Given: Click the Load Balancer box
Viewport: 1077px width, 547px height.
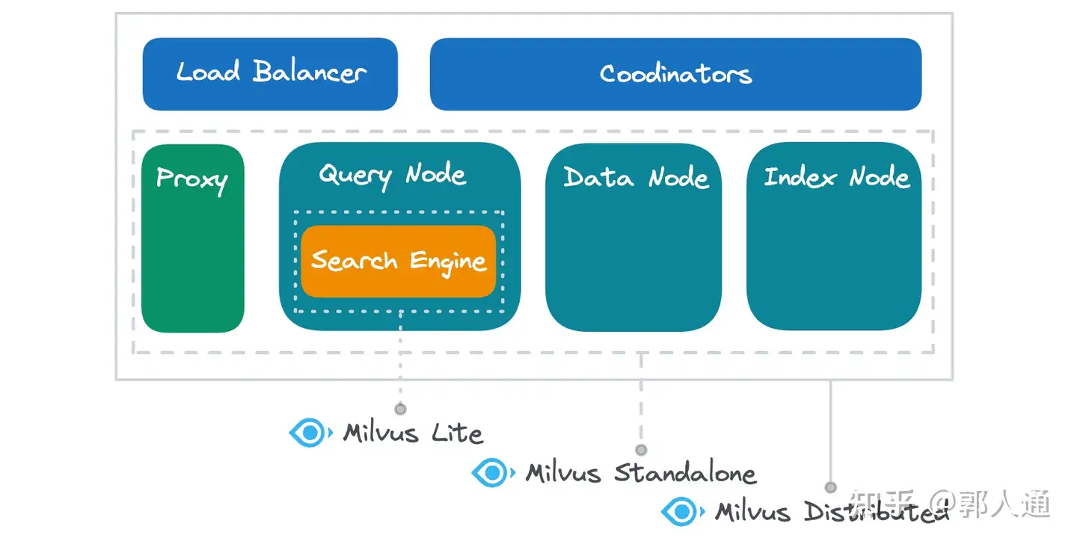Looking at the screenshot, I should [270, 73].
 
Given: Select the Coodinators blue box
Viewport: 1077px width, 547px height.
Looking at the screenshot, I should [675, 74].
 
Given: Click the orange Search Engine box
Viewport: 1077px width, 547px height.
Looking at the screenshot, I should [399, 262].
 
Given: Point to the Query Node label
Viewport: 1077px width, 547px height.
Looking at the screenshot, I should [393, 176].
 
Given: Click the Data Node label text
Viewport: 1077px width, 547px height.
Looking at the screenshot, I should [636, 178].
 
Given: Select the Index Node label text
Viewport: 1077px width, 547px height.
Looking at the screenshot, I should [836, 178].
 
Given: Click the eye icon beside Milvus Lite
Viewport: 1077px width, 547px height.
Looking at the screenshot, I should [310, 433].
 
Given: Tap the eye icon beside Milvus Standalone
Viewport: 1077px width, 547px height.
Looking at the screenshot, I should [492, 472].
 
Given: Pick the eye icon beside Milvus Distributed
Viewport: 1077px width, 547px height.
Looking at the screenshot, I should [681, 512].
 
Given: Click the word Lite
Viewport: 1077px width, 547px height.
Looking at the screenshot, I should [457, 433].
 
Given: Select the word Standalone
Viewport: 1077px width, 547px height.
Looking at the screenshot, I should [684, 473].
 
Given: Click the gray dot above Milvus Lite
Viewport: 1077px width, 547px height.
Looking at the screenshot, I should [400, 409].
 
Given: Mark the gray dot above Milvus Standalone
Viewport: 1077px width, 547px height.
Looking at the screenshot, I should [641, 450].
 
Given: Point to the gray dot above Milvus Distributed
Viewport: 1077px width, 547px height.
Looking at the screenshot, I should [830, 487].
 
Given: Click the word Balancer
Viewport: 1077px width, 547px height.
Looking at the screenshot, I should [310, 72].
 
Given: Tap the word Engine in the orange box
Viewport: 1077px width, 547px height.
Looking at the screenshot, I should [448, 262].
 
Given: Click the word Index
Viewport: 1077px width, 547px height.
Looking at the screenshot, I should [800, 178].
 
